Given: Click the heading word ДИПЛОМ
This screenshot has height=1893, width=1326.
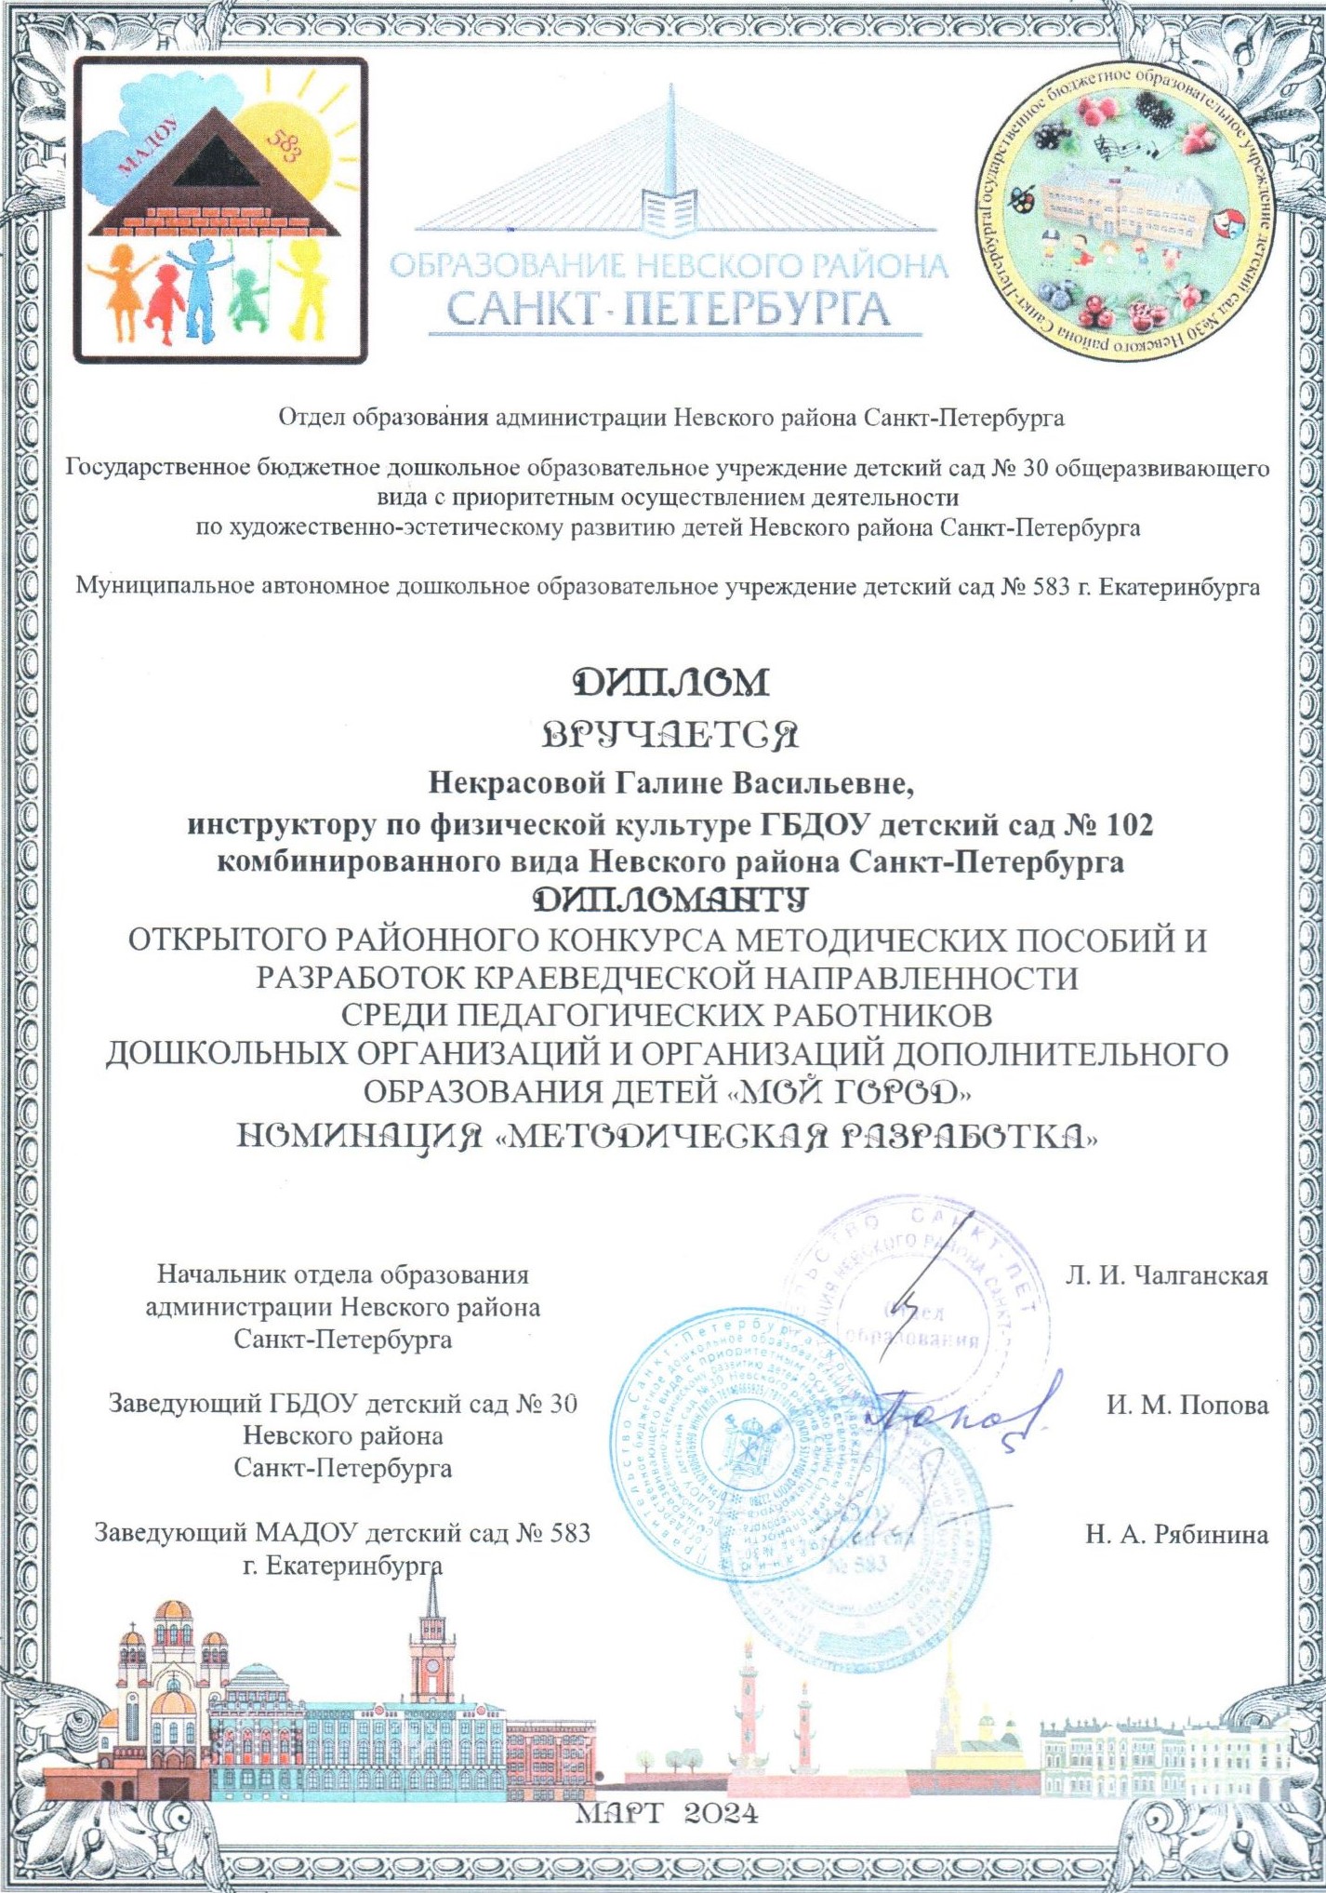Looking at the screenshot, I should (670, 683).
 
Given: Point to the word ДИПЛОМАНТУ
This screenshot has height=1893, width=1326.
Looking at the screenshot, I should (670, 900).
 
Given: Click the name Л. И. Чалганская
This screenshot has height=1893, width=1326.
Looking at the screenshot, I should (1166, 1275).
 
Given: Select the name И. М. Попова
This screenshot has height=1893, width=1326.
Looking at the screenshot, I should (1187, 1405).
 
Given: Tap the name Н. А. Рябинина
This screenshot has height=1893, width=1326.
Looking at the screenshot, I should (1176, 1534).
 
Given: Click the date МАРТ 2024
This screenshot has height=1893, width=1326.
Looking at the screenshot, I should (668, 1813).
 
